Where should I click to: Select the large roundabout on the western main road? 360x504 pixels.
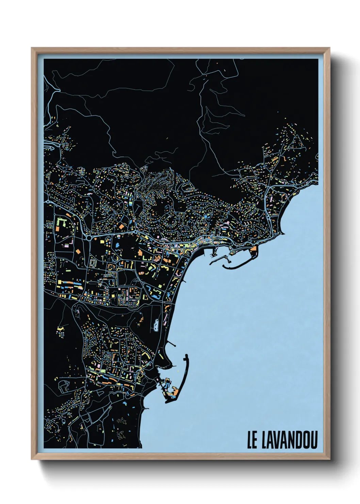[x=89, y=237]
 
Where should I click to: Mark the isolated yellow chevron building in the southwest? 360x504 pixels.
[x=60, y=330]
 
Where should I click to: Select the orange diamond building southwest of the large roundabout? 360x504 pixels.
[x=78, y=252]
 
